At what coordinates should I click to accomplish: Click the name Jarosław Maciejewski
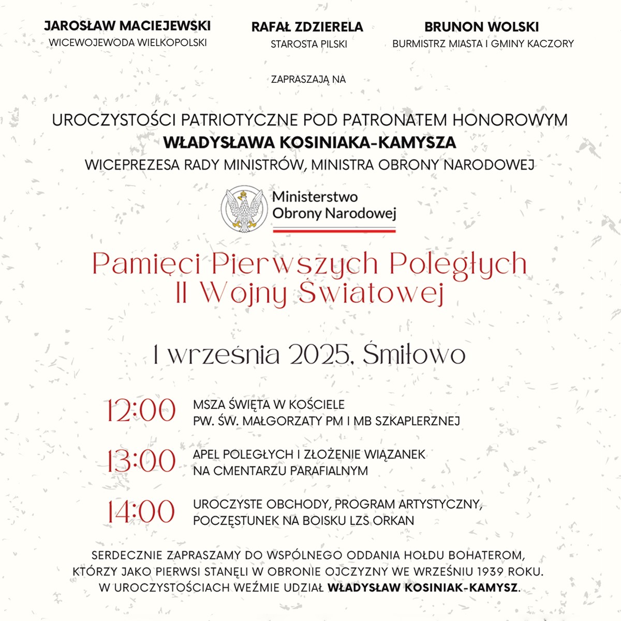pyautogui.click(x=127, y=26)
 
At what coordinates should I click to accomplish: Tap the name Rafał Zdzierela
pyautogui.click(x=307, y=27)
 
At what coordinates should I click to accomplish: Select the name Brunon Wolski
pyautogui.click(x=482, y=26)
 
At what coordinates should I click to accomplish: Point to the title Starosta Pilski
pyautogui.click(x=309, y=45)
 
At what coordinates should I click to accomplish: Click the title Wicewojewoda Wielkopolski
pyautogui.click(x=127, y=43)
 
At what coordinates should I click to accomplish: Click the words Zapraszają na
pyautogui.click(x=308, y=80)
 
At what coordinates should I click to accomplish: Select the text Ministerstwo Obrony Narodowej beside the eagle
pyautogui.click(x=334, y=205)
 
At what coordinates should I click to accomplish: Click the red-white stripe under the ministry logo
pyautogui.click(x=334, y=230)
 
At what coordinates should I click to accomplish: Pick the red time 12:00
pyautogui.click(x=141, y=411)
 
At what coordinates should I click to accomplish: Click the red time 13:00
pyautogui.click(x=141, y=461)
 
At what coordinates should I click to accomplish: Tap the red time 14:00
pyautogui.click(x=141, y=511)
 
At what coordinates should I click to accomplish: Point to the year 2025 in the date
pyautogui.click(x=318, y=355)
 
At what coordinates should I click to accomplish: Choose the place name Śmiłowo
pyautogui.click(x=414, y=355)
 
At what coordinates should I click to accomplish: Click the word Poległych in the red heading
pyautogui.click(x=458, y=264)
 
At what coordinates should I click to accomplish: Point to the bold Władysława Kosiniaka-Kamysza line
pyautogui.click(x=309, y=142)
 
